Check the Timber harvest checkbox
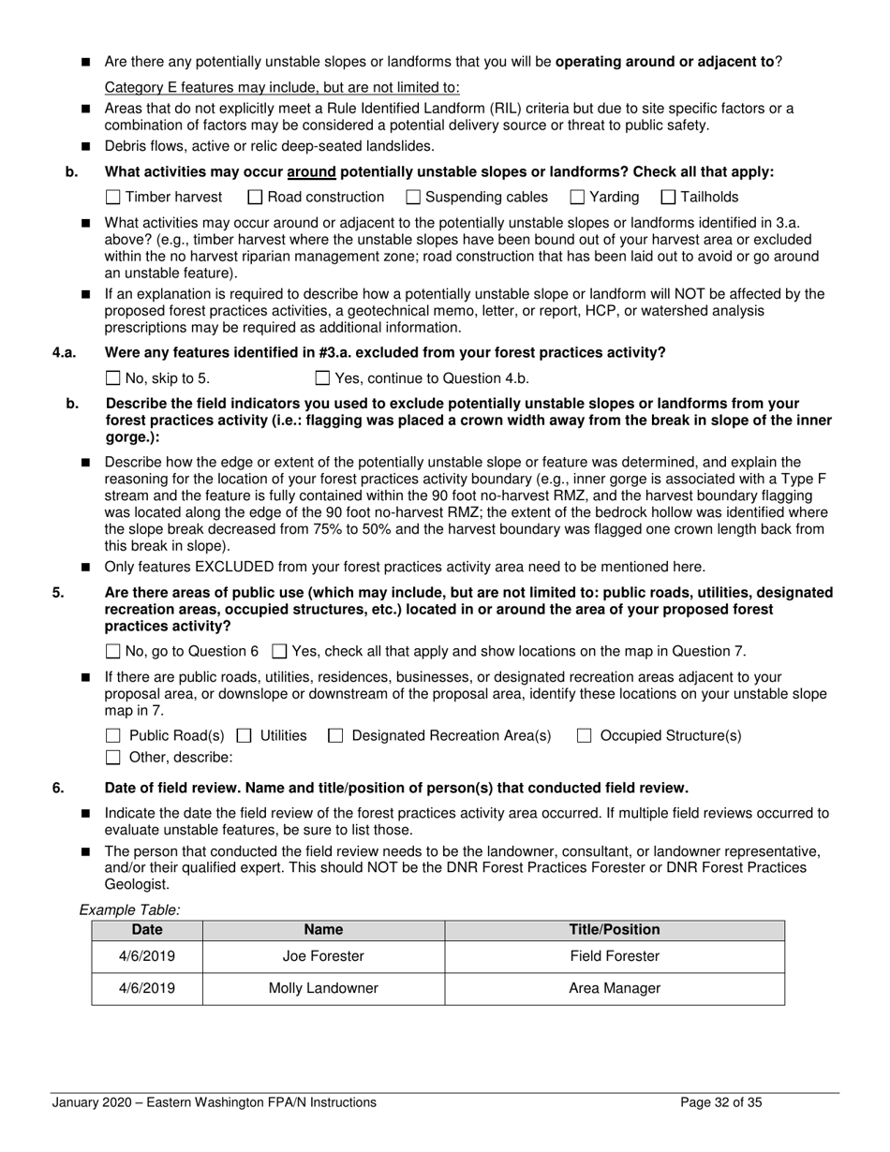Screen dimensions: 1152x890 point(113,198)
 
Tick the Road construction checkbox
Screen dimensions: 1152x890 point(255,198)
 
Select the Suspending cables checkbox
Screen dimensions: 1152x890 point(413,198)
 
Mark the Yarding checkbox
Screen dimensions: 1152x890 point(577,198)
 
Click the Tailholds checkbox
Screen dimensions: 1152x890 point(668,198)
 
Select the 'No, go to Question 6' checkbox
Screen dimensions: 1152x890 point(113,652)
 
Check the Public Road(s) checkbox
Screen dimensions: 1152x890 point(113,736)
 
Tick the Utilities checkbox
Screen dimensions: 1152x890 point(245,736)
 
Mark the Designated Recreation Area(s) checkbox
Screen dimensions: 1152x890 point(335,736)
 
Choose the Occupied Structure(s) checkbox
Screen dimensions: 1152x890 point(584,736)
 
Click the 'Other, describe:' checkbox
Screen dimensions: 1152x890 point(113,758)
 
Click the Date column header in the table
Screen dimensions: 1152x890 point(147,930)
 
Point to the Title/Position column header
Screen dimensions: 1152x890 point(615,930)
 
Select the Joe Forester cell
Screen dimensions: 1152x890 point(323,957)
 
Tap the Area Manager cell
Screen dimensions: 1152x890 point(615,989)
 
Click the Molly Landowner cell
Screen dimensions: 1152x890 point(323,989)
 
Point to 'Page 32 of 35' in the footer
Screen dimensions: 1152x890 point(720,1103)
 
